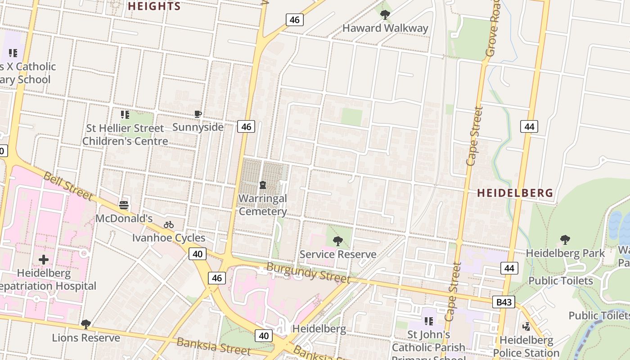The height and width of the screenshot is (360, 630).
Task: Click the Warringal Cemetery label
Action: [x=263, y=205]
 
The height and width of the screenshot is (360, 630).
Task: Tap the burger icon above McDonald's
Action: [x=124, y=205]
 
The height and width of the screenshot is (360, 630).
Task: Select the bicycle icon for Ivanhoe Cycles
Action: [x=169, y=225]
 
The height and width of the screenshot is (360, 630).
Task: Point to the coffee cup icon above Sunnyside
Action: [x=198, y=114]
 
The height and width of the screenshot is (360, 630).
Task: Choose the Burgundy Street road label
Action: [x=308, y=273]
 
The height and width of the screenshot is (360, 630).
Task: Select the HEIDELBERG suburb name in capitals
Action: [x=515, y=193]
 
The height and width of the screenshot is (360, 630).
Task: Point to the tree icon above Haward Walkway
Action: [x=385, y=15]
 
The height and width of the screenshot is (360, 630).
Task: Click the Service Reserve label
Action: [x=338, y=254]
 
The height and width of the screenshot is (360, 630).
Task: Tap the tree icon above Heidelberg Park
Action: [x=565, y=239]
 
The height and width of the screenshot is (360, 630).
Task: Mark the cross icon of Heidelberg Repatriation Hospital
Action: [x=44, y=260]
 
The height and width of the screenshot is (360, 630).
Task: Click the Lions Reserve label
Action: [x=86, y=337]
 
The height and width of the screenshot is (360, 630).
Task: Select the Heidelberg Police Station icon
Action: [x=526, y=326]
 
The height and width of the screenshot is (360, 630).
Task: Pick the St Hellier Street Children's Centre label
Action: [x=125, y=135]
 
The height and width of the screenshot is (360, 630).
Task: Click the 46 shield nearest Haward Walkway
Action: [x=294, y=20]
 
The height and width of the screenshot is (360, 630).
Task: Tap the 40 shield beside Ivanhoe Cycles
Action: [x=198, y=254]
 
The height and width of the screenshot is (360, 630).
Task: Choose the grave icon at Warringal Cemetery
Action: [x=263, y=185]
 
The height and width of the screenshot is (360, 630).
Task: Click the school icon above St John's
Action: [x=428, y=321]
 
